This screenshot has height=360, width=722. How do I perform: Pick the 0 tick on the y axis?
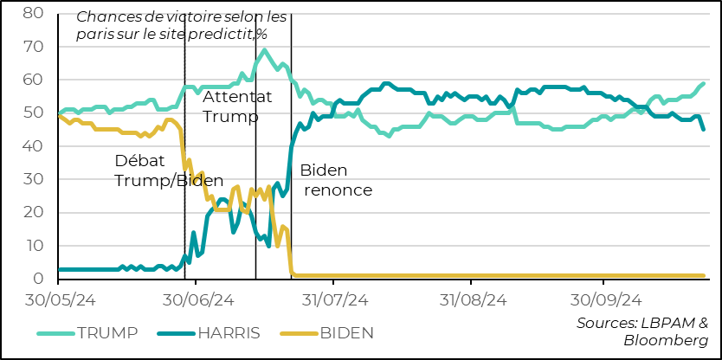(37, 279)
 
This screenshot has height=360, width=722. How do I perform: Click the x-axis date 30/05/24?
(59, 300)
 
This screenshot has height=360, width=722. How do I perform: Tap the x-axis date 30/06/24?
(197, 300)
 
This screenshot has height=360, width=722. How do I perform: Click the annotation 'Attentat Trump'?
(236, 106)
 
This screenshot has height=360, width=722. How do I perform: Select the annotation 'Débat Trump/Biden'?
(163, 170)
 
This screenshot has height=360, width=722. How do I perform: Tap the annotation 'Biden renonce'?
(336, 180)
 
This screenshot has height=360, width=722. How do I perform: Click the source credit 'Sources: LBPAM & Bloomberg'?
(642, 331)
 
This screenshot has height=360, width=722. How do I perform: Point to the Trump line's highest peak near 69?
(263, 50)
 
